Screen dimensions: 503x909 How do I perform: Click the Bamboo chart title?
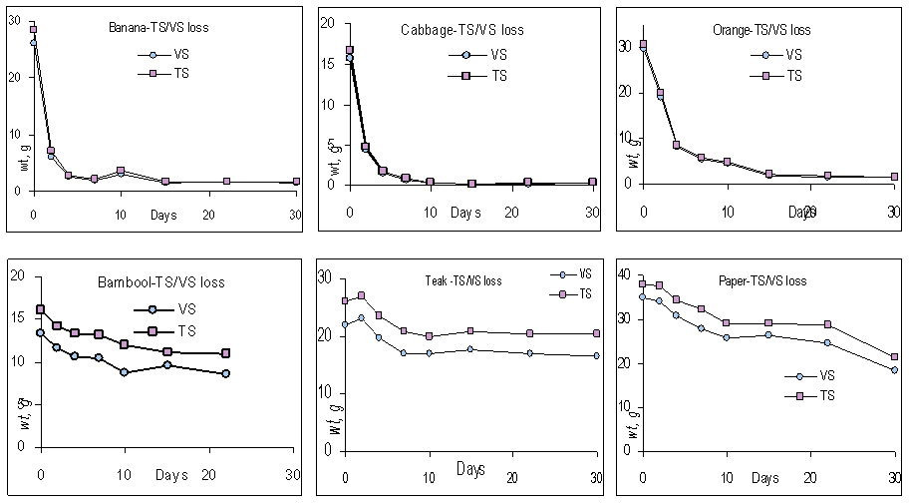160,282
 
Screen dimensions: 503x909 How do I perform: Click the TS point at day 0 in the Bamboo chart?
41,309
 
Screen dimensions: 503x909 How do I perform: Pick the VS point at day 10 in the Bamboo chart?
124,372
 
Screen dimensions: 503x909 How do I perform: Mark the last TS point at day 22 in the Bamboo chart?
226,353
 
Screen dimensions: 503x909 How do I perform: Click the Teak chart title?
459,280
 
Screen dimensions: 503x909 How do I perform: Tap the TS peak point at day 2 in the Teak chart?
361,295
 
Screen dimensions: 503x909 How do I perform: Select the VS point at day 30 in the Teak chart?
597,355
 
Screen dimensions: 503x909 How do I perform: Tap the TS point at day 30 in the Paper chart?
895,357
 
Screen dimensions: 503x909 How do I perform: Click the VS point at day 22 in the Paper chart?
827,342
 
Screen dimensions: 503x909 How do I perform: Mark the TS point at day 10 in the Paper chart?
727,322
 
